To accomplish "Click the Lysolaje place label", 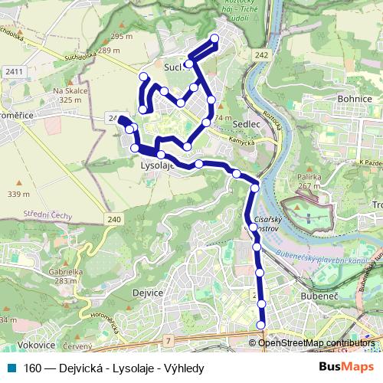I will point(157,165).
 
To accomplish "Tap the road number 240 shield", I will point(114,220).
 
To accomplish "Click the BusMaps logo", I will point(347,368).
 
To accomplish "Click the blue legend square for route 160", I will point(10,368).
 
